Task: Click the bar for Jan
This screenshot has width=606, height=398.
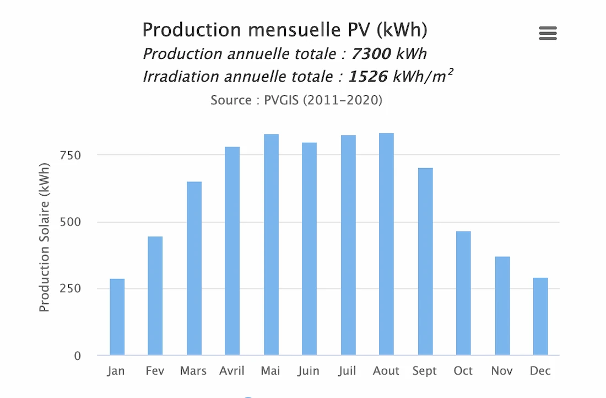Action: (x=117, y=317)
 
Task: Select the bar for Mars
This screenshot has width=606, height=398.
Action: (x=194, y=268)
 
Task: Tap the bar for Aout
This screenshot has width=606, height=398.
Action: (x=386, y=244)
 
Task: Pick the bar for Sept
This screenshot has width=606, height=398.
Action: (x=425, y=261)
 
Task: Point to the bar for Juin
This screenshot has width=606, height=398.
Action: (x=309, y=249)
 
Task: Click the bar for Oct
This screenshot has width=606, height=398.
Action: (x=463, y=293)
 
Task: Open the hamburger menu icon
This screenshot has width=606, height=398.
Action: (x=548, y=34)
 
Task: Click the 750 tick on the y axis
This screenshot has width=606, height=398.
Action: (x=70, y=155)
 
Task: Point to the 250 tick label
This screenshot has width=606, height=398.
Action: (x=70, y=289)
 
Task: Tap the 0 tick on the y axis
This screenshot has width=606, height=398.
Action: (x=77, y=356)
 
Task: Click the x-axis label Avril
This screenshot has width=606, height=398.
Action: (x=232, y=371)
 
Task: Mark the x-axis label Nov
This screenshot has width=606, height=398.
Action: (x=501, y=371)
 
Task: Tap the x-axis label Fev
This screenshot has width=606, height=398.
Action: (x=155, y=371)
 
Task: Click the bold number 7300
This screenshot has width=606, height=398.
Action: (x=371, y=54)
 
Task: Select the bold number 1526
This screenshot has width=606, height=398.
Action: (x=368, y=76)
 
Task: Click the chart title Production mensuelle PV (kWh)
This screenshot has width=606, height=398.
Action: (x=284, y=30)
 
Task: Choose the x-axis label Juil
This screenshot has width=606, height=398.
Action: (x=348, y=371)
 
